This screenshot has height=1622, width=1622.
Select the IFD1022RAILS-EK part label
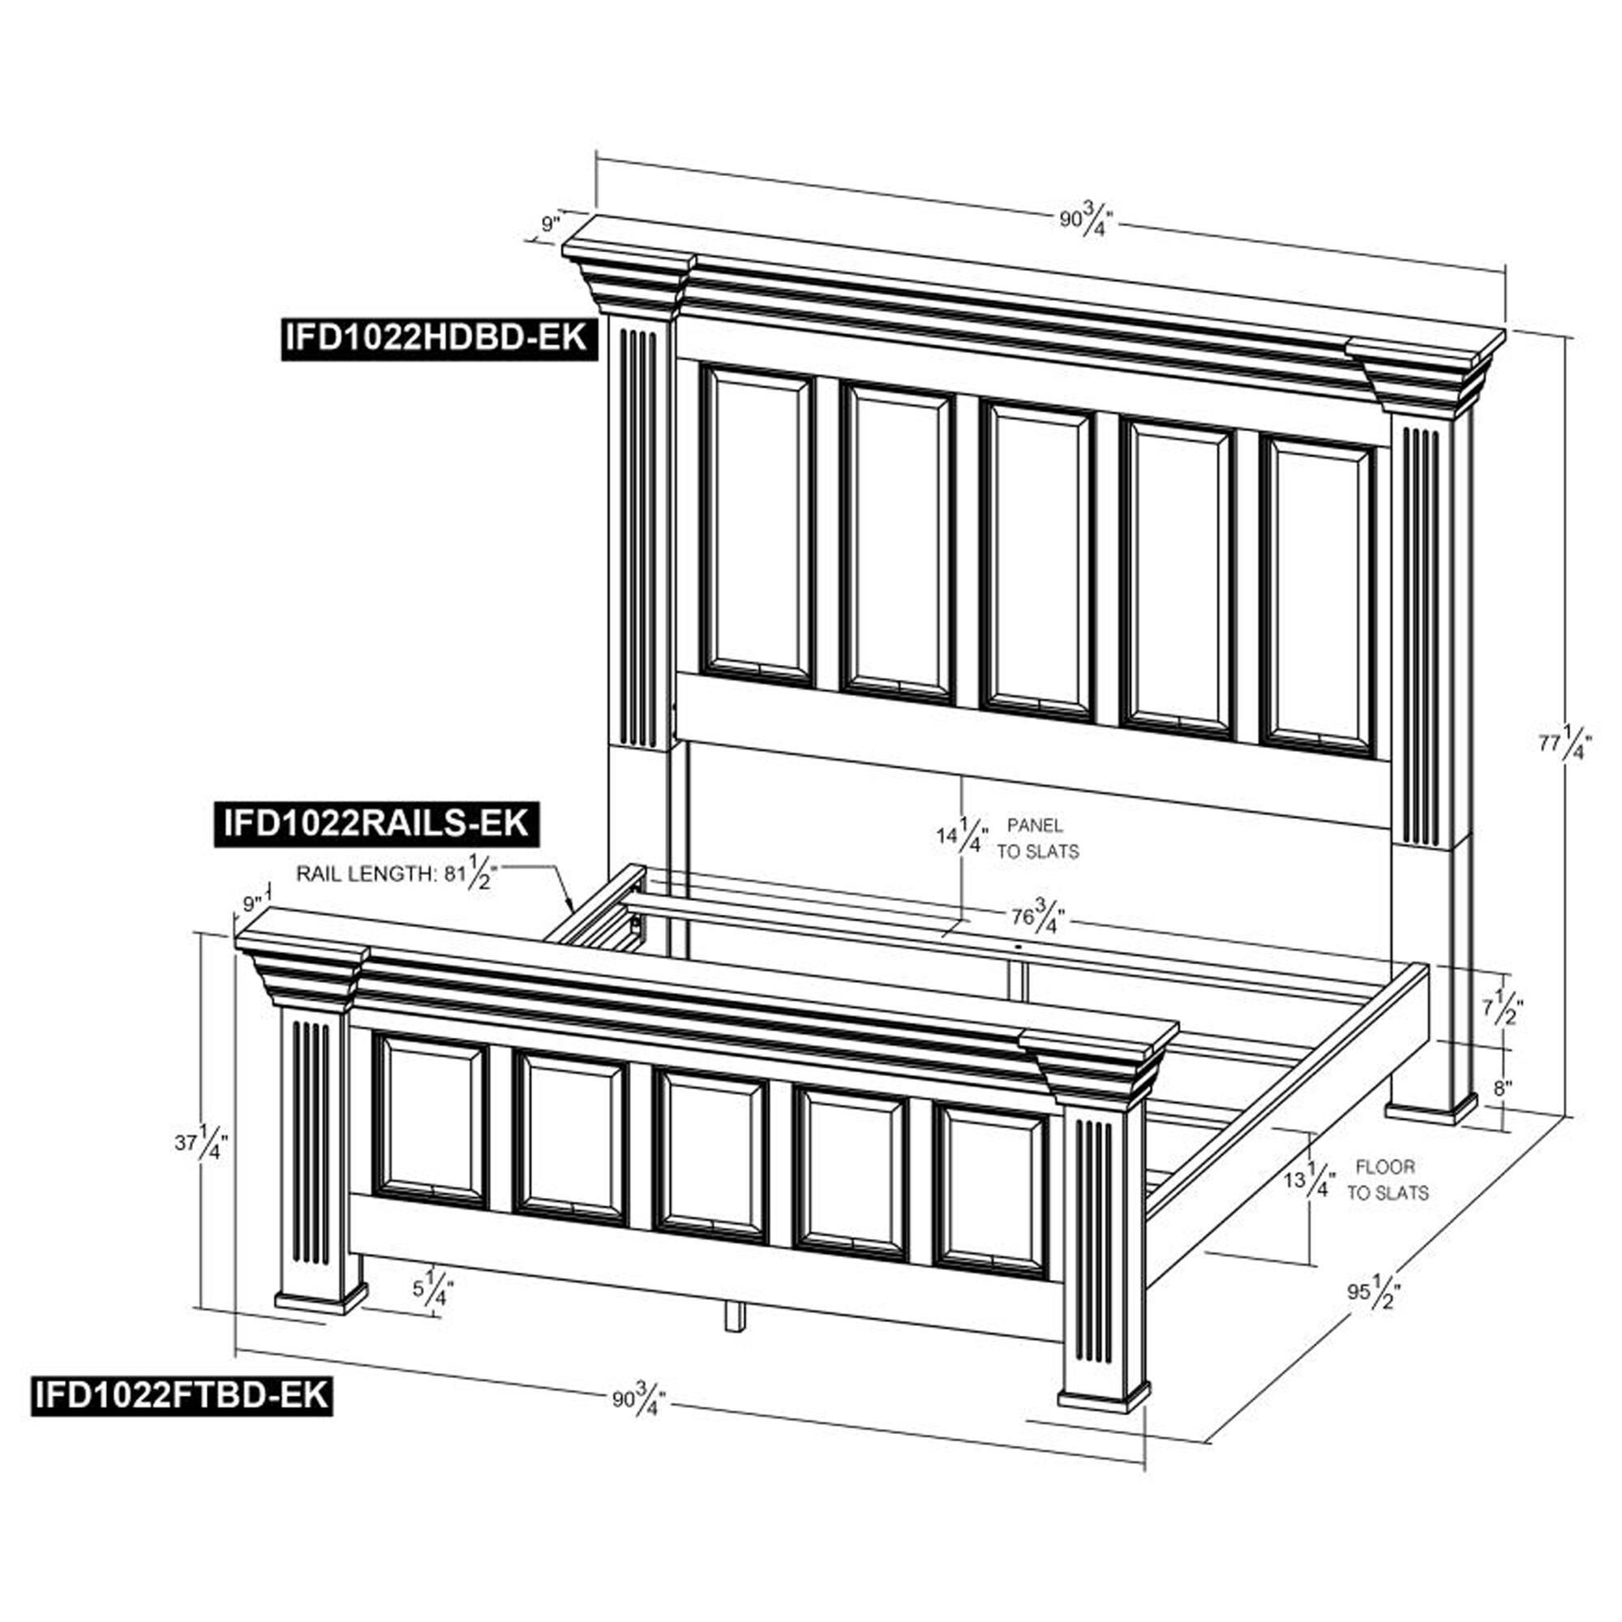click(x=376, y=824)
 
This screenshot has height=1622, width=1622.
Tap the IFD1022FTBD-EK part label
click(x=182, y=1394)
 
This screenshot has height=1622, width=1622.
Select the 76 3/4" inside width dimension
click(x=1039, y=915)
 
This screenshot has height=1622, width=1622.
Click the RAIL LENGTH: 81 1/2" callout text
click(x=397, y=874)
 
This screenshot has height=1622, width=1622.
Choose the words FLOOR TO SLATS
click(x=1388, y=1178)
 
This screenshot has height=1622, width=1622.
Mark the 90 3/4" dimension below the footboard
click(x=640, y=1401)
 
